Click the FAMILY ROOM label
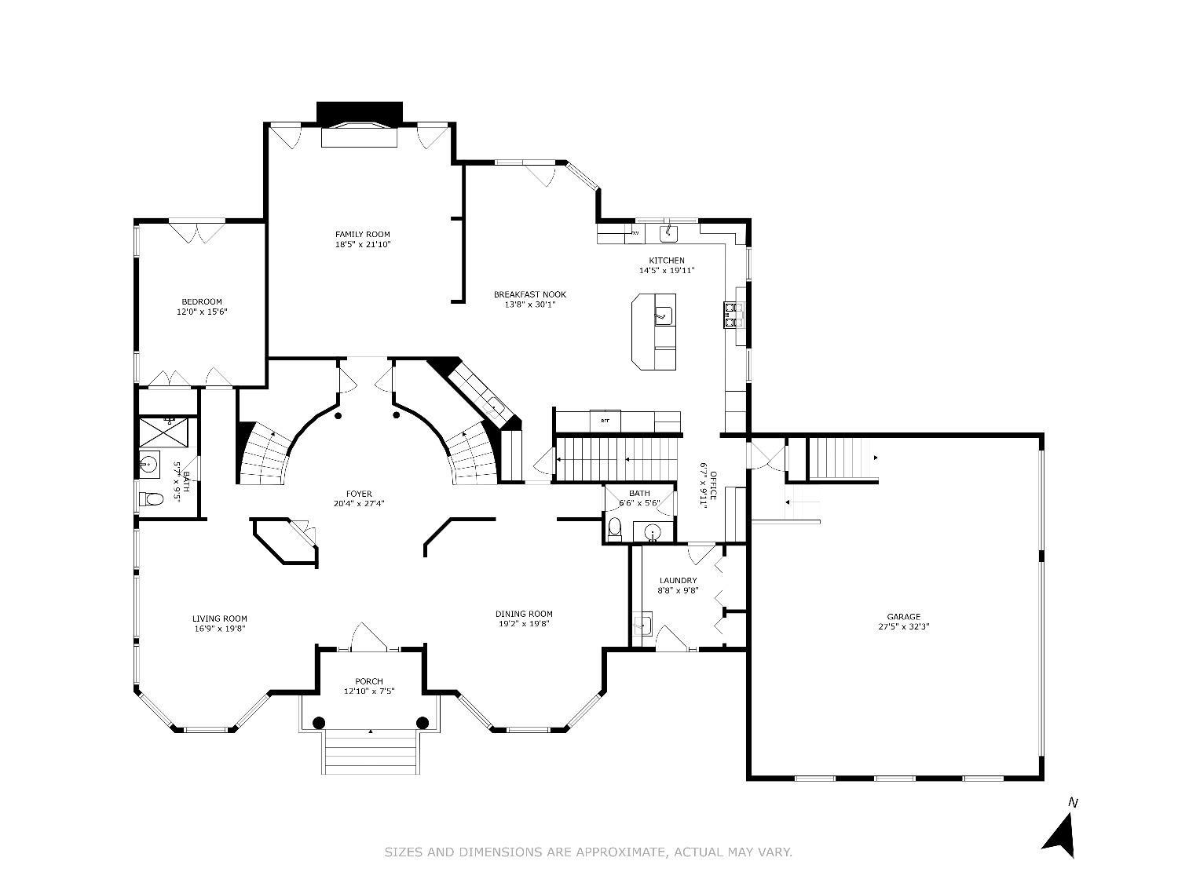(362, 234)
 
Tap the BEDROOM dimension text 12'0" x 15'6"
(202, 312)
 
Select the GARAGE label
(903, 617)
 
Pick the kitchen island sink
(664, 316)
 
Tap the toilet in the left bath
(151, 500)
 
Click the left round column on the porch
(319, 722)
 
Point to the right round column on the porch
(423, 722)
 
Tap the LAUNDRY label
(678, 580)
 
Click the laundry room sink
(642, 625)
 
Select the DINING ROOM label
(524, 614)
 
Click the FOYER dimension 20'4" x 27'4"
(359, 503)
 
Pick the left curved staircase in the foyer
(265, 453)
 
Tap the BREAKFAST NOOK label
(529, 294)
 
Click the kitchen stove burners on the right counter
(734, 315)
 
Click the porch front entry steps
(371, 752)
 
